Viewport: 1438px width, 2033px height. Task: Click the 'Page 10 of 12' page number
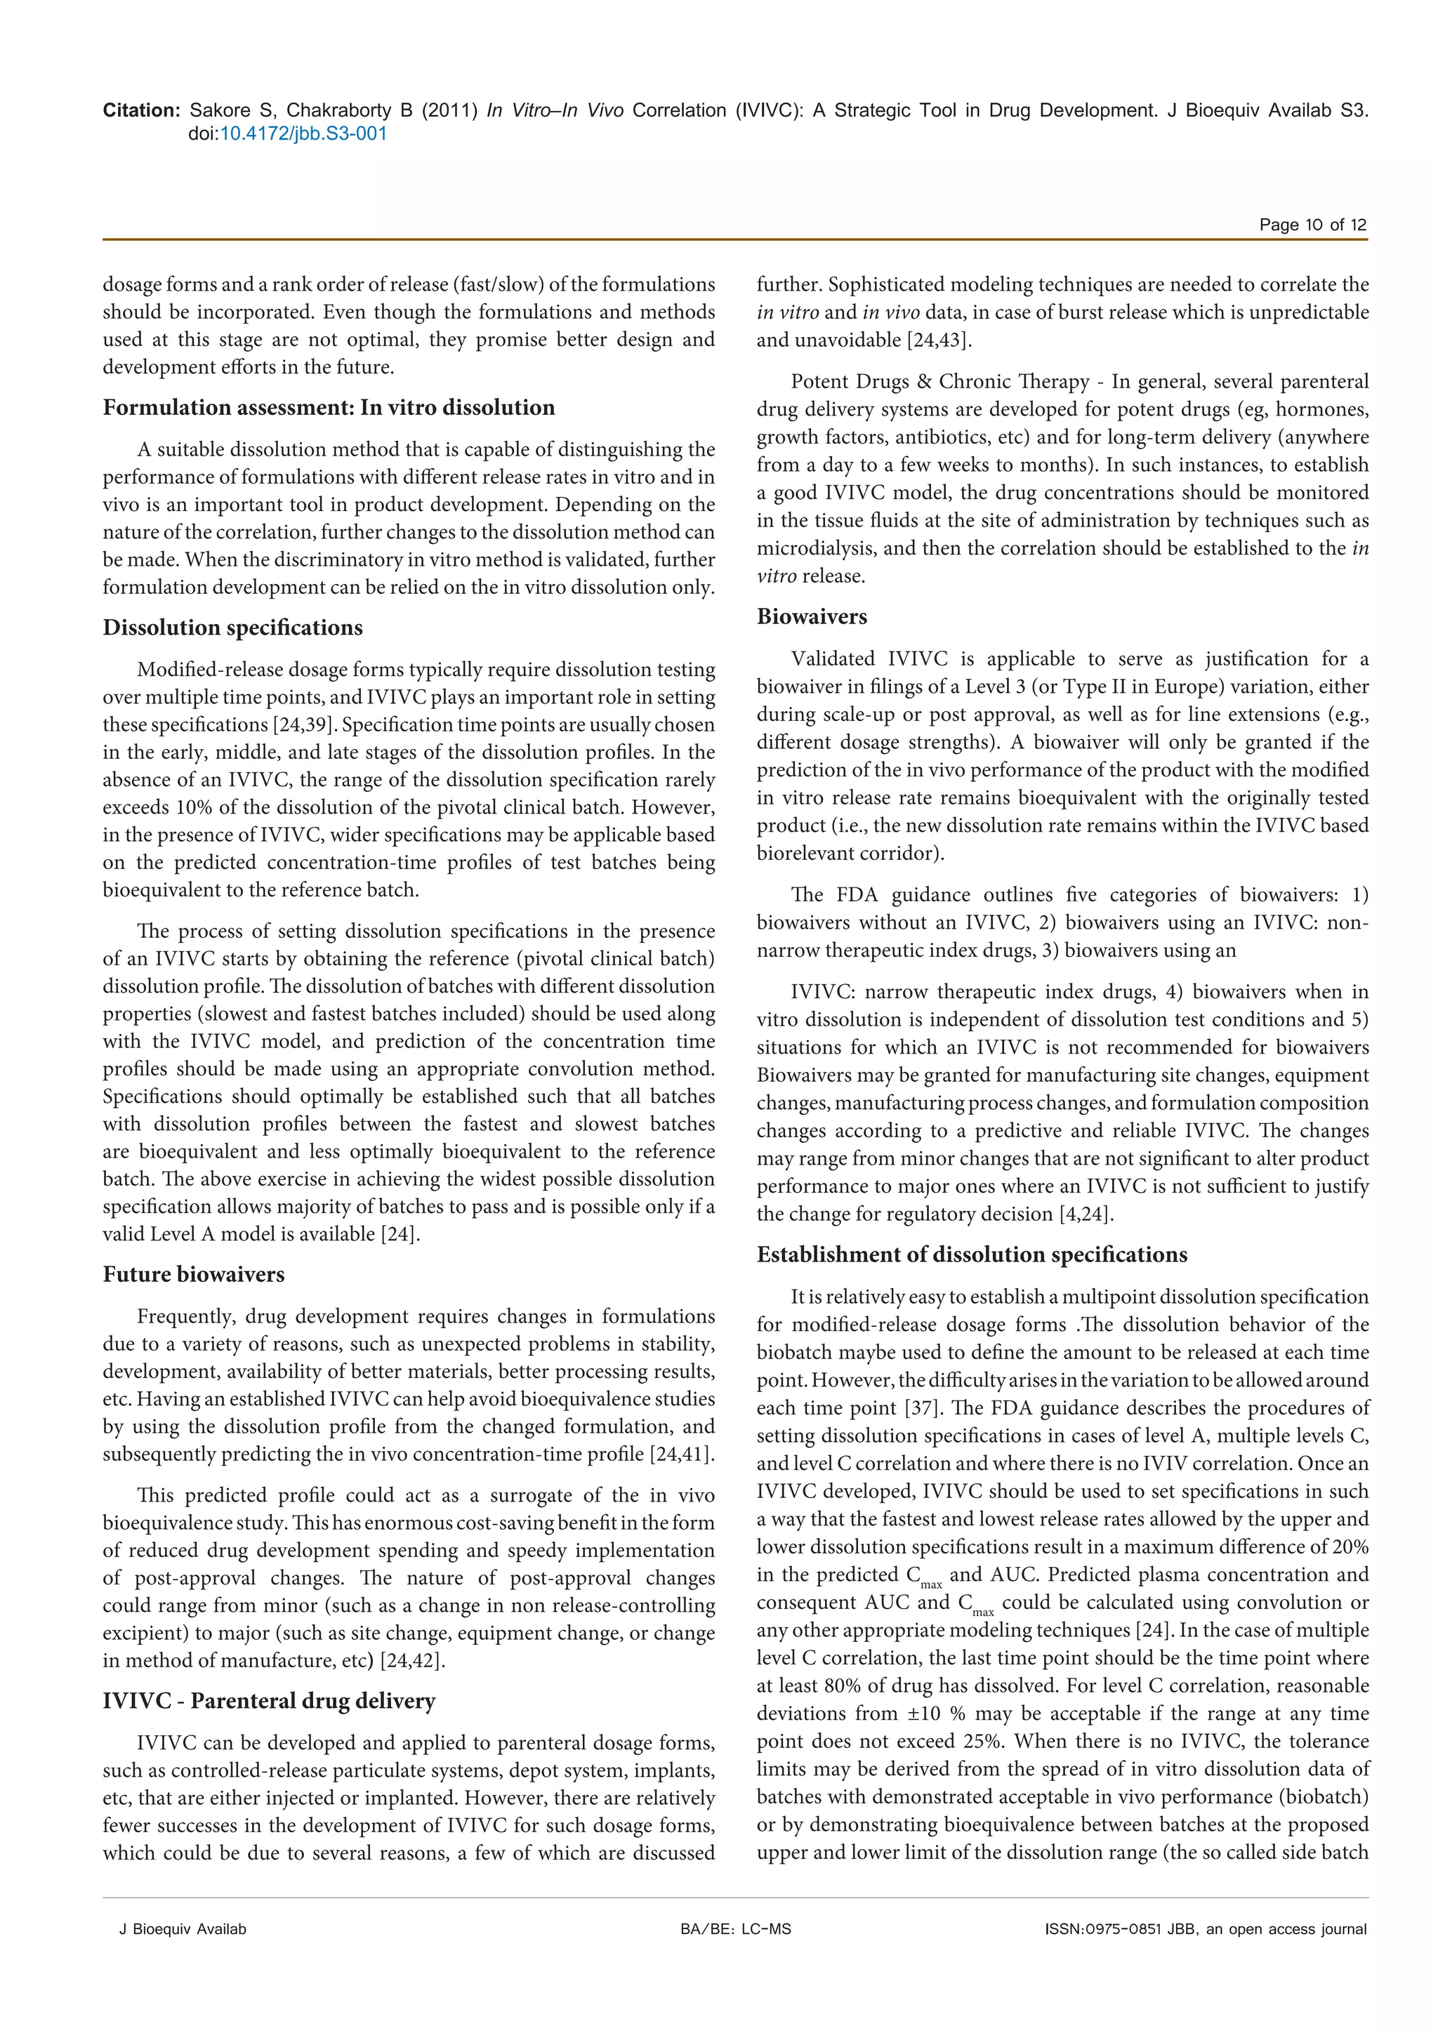pos(1312,225)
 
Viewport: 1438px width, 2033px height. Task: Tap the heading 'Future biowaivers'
pos(194,1274)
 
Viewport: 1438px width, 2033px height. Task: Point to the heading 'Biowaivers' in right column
pos(812,617)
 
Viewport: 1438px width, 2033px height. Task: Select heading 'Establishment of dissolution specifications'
pos(971,1254)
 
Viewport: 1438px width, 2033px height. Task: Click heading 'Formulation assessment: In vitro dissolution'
pos(329,407)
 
